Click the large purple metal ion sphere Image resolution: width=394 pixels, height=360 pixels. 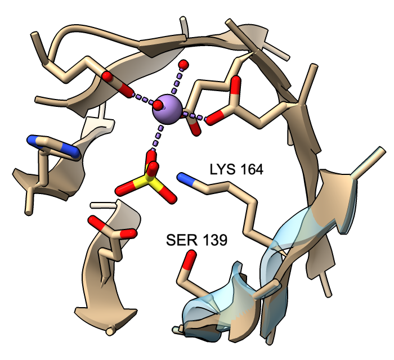coord(167,109)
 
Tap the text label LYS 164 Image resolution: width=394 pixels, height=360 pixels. coord(236,169)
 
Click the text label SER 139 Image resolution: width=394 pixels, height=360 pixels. coord(197,240)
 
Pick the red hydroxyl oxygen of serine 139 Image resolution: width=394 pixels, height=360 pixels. coord(189,259)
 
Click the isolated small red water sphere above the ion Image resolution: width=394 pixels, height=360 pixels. coord(183,65)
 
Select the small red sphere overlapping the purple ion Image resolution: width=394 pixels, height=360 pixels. coord(158,105)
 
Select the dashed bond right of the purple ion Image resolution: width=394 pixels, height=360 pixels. coord(194,116)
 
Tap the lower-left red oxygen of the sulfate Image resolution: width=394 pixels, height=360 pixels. coord(126,189)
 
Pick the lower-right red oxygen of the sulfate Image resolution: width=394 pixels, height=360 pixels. coord(167,195)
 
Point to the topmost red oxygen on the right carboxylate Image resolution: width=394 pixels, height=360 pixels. coord(236,84)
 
